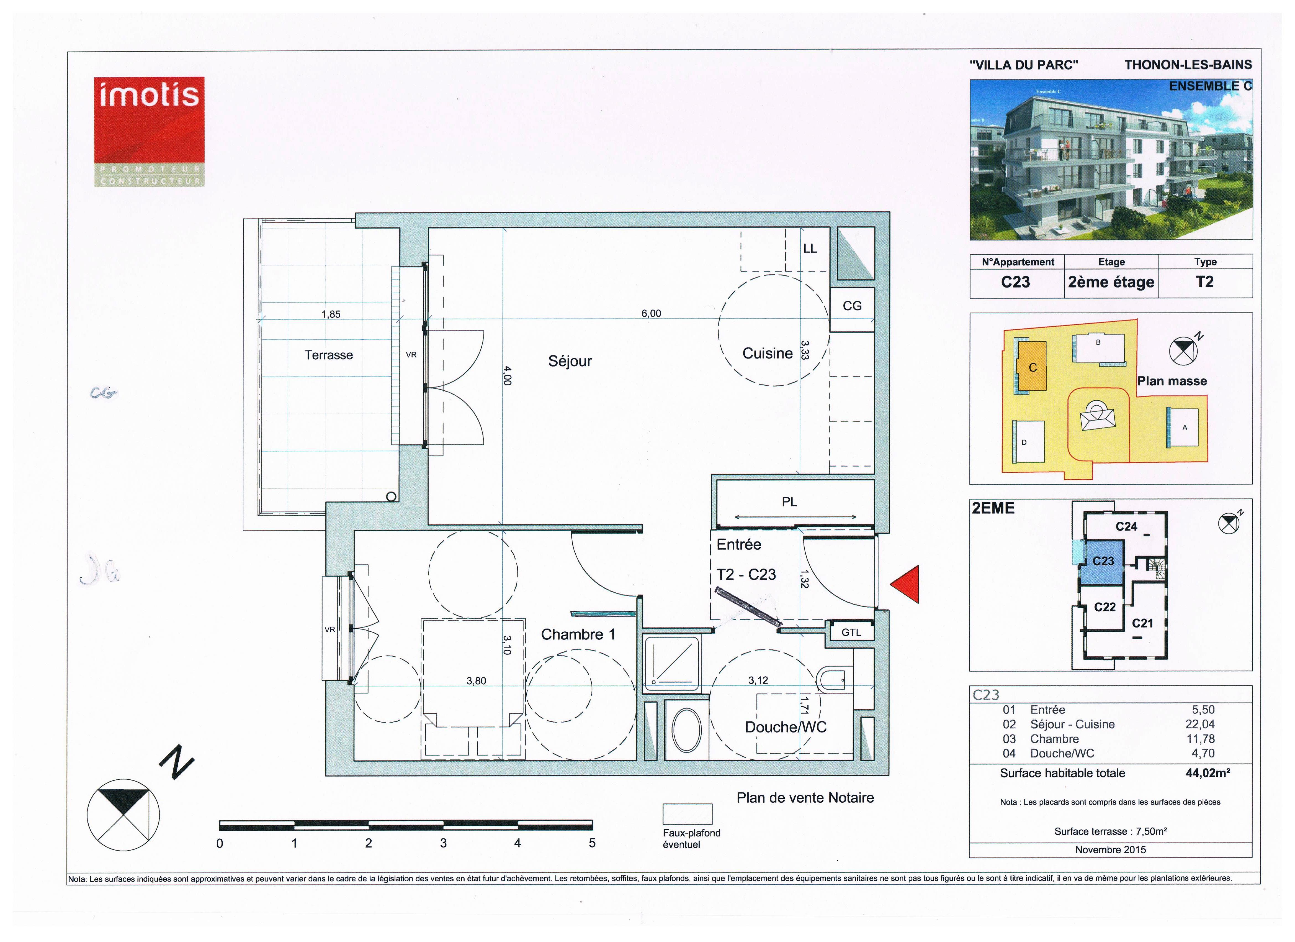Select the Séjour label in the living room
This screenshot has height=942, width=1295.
tap(570, 361)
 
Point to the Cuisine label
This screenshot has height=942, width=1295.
tap(768, 354)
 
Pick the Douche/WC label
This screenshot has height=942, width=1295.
tap(786, 727)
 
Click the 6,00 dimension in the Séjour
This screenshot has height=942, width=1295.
tap(651, 314)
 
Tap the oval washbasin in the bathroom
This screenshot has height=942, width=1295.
tap(686, 730)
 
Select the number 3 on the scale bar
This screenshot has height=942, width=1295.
tap(443, 843)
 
